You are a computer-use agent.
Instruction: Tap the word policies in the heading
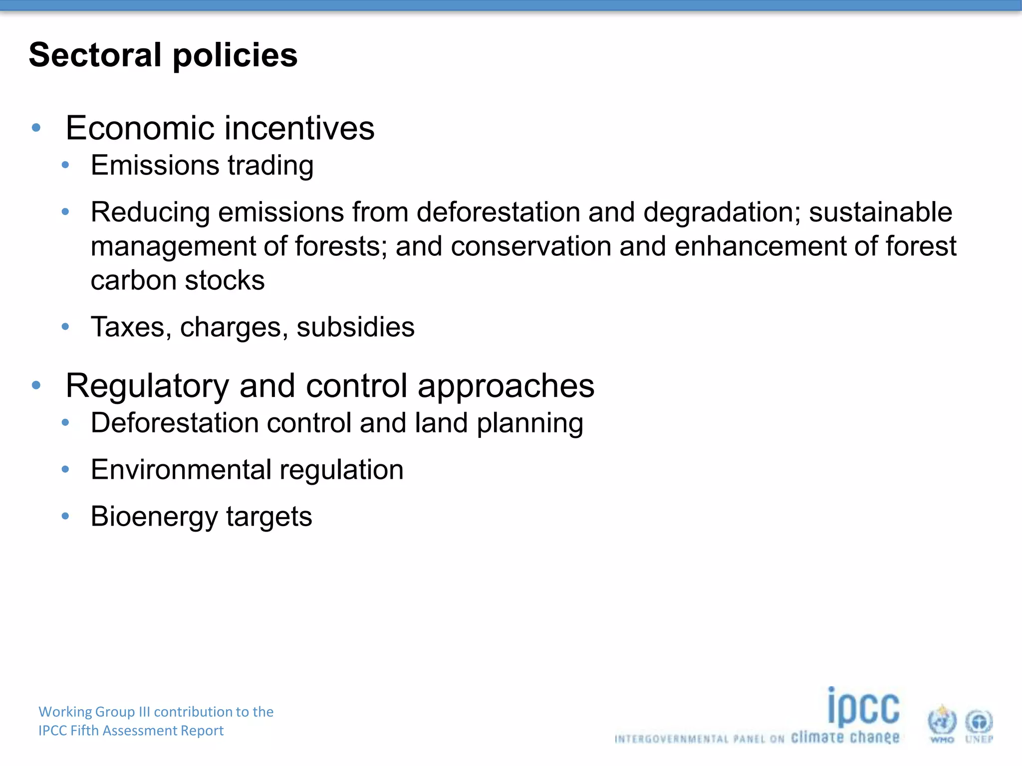point(235,56)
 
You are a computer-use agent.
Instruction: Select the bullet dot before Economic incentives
point(36,128)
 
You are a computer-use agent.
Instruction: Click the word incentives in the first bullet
point(299,128)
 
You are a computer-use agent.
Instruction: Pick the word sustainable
point(880,212)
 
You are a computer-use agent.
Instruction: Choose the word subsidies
point(355,328)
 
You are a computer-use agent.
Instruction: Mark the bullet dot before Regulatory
point(36,385)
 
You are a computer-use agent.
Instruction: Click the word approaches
point(506,386)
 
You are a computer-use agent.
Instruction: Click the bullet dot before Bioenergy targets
point(65,516)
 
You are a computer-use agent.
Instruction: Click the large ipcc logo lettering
point(863,707)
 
